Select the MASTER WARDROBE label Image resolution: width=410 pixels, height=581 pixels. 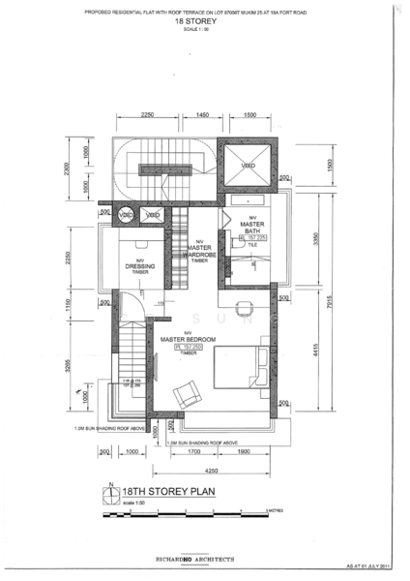click(x=199, y=251)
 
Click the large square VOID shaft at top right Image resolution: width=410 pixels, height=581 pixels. click(x=249, y=166)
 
